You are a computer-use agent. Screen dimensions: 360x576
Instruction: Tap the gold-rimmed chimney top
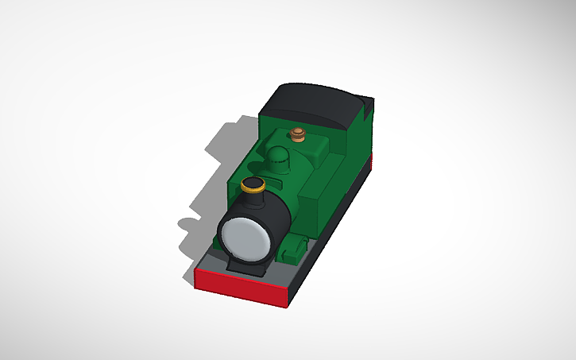[x=253, y=186]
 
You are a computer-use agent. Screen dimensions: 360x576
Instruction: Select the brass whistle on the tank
[x=299, y=134]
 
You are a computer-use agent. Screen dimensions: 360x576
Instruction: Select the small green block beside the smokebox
[x=296, y=250]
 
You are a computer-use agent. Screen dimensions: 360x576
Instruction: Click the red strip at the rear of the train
[x=370, y=163]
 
